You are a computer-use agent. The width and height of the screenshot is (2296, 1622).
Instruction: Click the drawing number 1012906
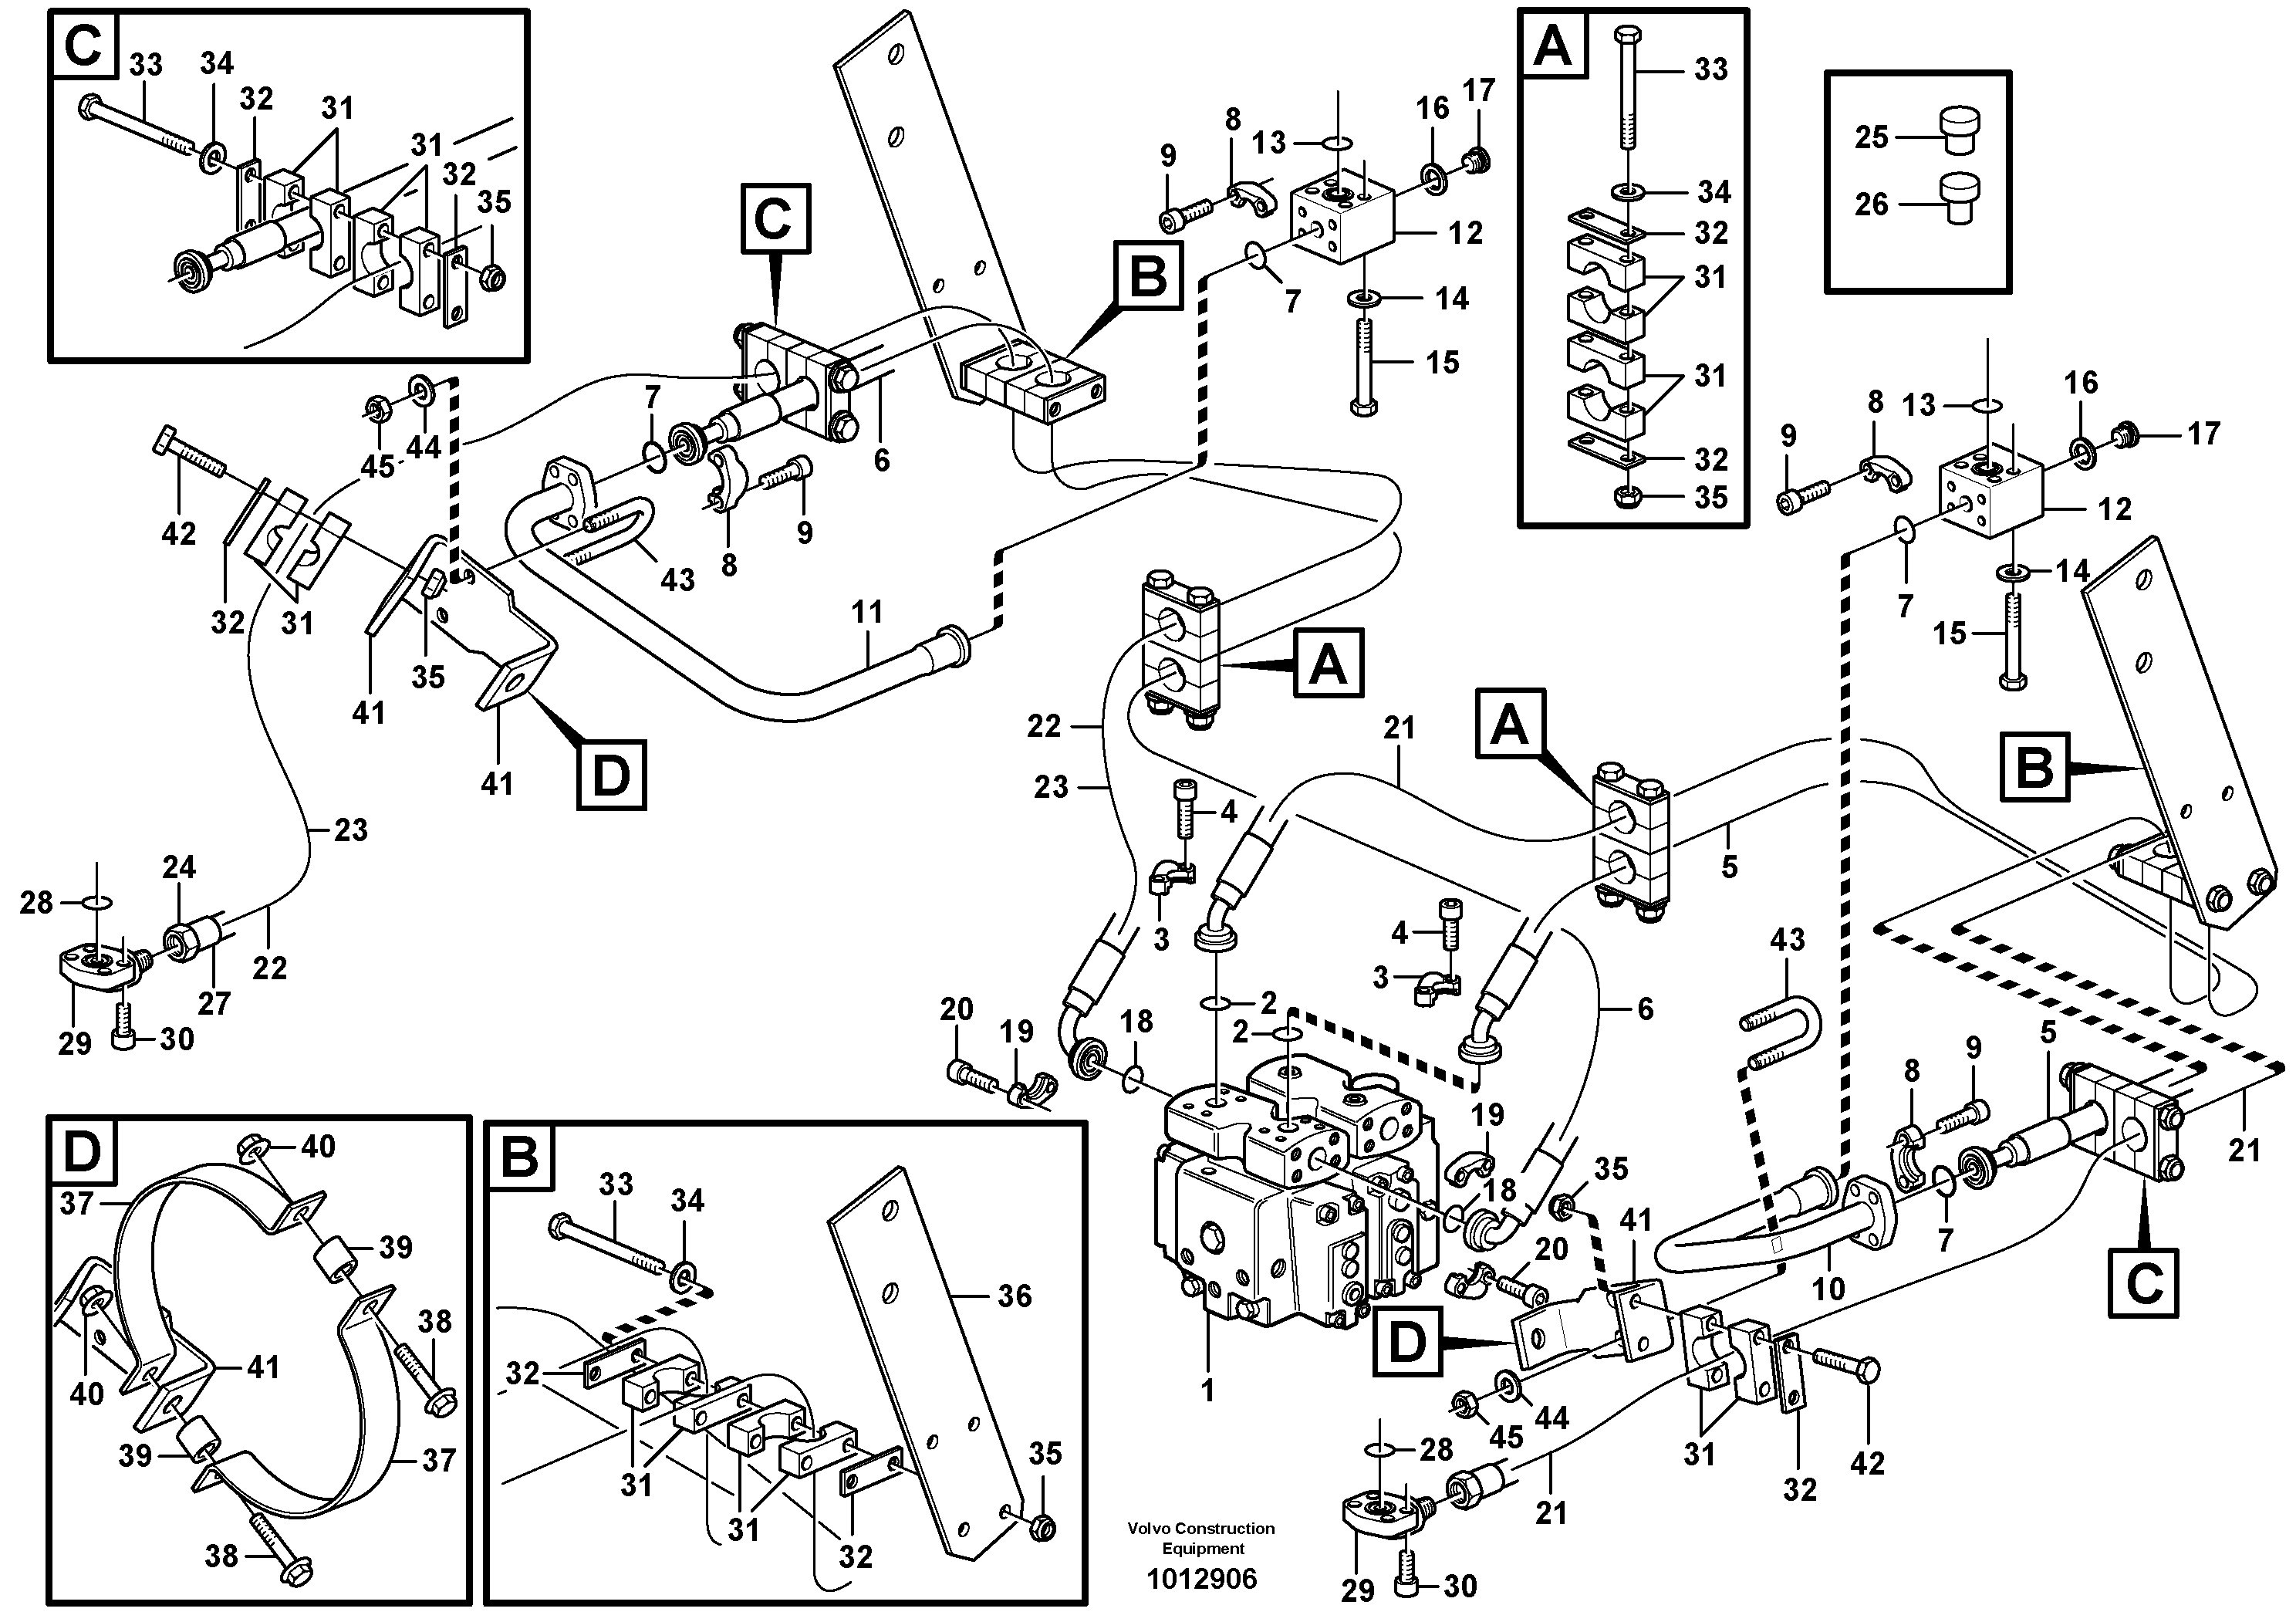1201,1580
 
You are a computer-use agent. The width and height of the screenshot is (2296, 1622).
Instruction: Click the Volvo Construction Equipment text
1201,1538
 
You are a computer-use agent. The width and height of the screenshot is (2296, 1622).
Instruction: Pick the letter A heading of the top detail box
1552,45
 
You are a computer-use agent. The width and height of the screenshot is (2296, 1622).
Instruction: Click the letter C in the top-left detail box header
83,45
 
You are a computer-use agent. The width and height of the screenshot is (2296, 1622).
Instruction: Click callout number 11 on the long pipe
867,612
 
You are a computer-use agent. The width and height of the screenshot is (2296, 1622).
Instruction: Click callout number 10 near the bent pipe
1828,1288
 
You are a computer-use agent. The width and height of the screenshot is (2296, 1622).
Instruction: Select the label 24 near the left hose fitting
179,868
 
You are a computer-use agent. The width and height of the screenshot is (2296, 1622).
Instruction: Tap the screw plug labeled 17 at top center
1474,159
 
